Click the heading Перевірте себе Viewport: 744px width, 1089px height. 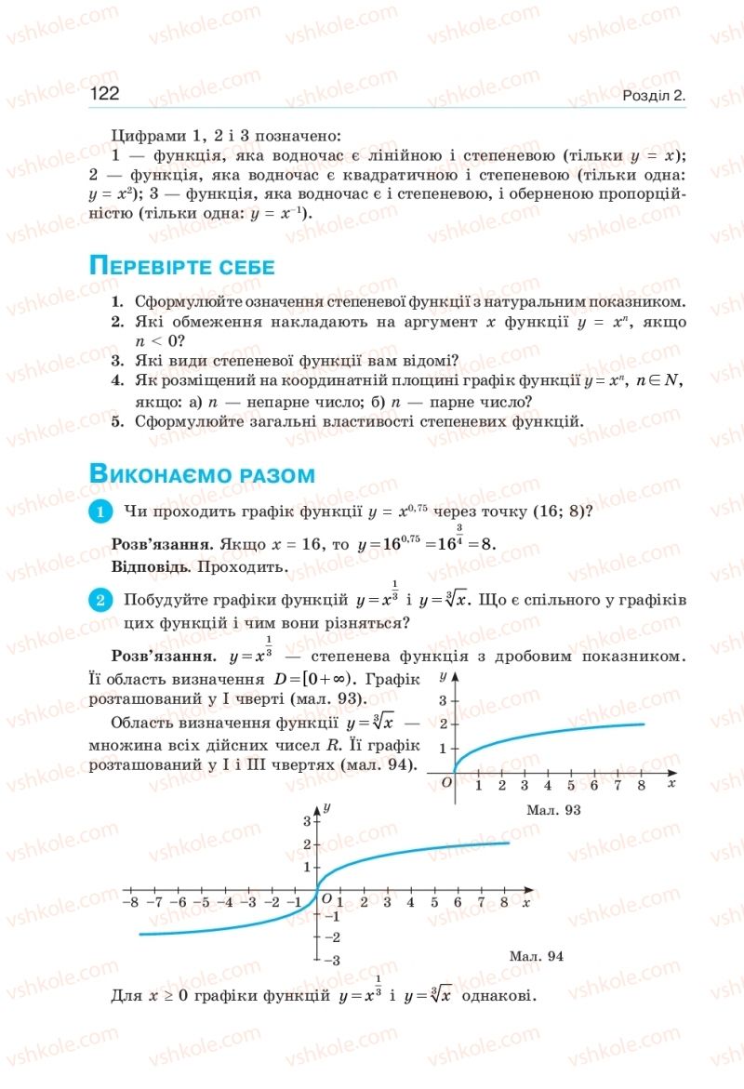click(x=181, y=267)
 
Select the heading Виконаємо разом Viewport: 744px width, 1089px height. click(x=202, y=474)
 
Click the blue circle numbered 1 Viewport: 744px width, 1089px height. click(x=100, y=511)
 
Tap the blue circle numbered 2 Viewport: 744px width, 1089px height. click(x=100, y=600)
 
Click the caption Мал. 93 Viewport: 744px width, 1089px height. click(x=552, y=810)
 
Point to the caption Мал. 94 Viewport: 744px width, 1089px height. click(x=537, y=955)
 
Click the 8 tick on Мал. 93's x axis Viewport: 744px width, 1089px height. click(x=641, y=787)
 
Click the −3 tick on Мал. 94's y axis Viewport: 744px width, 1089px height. click(x=333, y=960)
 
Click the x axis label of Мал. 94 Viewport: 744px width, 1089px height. click(x=526, y=902)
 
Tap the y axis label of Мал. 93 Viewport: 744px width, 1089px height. click(x=444, y=673)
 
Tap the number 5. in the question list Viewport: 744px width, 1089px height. click(x=118, y=421)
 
